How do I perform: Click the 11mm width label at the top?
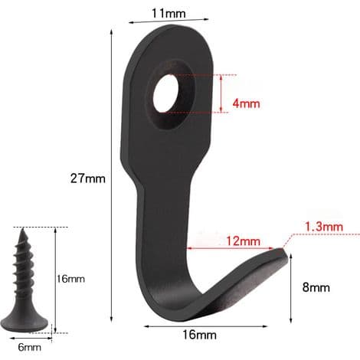click(169, 14)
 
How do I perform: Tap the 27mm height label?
click(88, 178)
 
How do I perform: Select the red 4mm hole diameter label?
click(246, 103)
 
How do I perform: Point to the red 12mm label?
click(243, 241)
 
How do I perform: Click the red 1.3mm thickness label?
click(324, 227)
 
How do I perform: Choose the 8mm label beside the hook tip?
click(316, 287)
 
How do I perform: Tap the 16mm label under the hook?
click(199, 335)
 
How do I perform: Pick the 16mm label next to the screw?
click(70, 279)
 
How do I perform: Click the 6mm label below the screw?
click(29, 347)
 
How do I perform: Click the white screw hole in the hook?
click(166, 93)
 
